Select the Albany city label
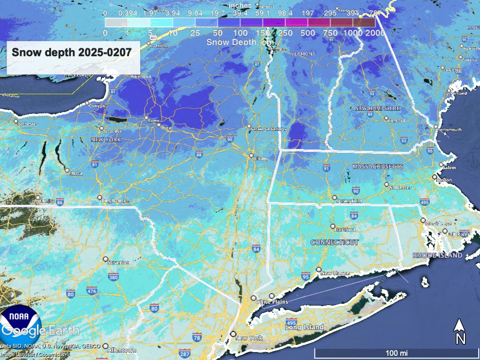261,159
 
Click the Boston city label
443,180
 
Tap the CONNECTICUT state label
335,242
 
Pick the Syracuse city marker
102,128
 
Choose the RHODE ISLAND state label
437,255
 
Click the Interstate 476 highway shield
92,291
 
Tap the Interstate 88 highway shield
199,154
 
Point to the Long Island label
305,327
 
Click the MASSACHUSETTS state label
378,167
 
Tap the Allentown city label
121,350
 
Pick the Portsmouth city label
450,129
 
